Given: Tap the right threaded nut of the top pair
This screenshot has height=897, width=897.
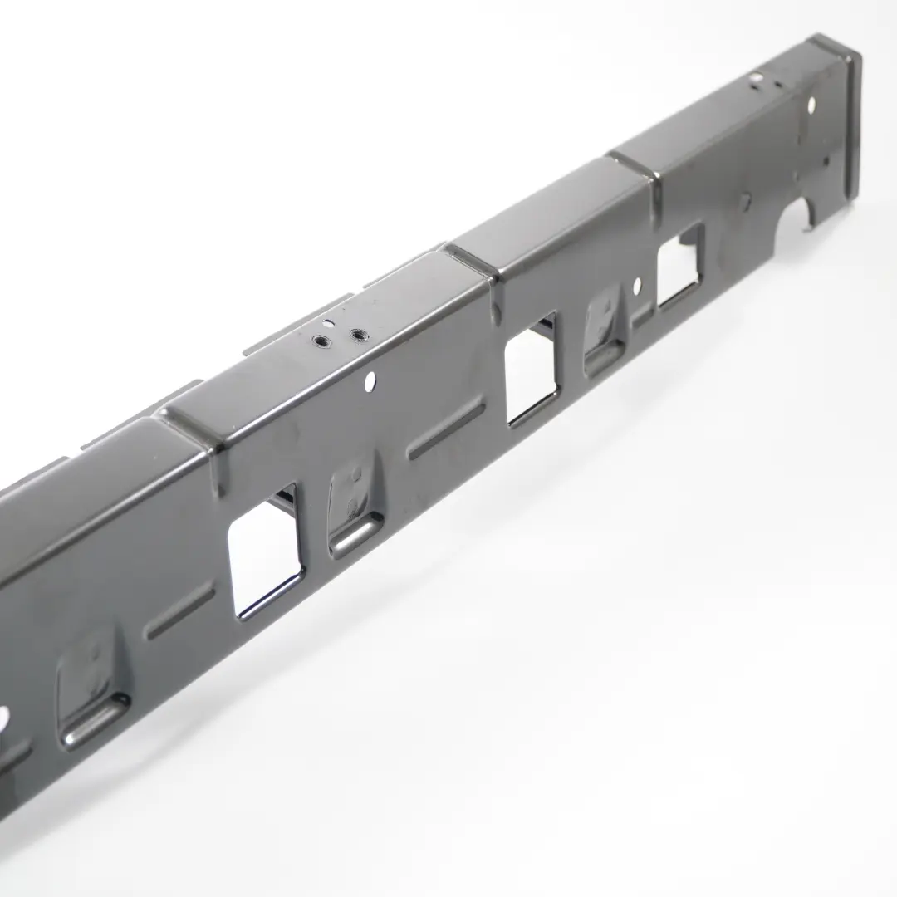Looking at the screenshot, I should coord(358,335).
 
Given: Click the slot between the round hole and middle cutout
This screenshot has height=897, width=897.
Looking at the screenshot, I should coord(446,429).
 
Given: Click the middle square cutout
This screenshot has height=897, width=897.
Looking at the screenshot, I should coord(531,369).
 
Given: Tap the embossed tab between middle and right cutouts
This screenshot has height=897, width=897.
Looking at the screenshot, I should coord(605,330).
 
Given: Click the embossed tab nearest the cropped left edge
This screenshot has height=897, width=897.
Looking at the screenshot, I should coord(90,687).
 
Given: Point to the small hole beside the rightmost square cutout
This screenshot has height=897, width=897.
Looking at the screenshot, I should coord(637,287).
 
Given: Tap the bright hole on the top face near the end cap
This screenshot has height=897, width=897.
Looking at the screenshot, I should coord(756,79).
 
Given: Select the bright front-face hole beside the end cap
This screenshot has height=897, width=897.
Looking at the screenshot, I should coord(811,105).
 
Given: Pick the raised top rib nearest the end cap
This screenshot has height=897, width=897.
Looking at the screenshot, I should coord(635,170).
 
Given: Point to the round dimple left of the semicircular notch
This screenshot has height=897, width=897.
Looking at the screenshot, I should coord(746,199).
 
